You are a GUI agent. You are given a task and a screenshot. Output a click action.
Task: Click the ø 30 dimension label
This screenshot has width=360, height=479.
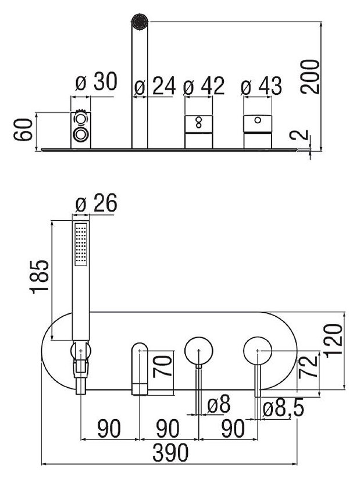(x=96, y=83)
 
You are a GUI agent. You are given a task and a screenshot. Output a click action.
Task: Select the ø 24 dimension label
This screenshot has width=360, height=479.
(x=154, y=87)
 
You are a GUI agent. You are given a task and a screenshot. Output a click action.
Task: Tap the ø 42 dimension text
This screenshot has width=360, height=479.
(x=203, y=87)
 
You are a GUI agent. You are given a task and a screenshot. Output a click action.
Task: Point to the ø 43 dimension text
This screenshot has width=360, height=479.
(x=262, y=87)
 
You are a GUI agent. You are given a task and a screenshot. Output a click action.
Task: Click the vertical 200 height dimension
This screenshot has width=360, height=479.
(x=312, y=76)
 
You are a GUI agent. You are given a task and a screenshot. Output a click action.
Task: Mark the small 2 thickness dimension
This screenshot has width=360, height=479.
(x=300, y=138)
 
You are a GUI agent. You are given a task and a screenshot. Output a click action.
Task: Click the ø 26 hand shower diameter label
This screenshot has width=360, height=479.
(x=96, y=204)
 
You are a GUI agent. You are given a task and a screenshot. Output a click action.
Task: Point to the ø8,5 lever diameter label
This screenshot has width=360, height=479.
(x=283, y=409)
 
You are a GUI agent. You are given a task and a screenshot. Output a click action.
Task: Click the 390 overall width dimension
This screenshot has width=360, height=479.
(x=169, y=452)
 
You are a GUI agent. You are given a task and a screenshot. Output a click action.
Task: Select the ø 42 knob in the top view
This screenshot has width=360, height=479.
(x=198, y=131)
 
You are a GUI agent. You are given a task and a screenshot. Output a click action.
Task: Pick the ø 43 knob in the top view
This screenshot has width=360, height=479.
(x=257, y=130)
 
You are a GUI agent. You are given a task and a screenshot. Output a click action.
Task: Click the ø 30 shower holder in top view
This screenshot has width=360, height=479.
(x=81, y=128)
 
